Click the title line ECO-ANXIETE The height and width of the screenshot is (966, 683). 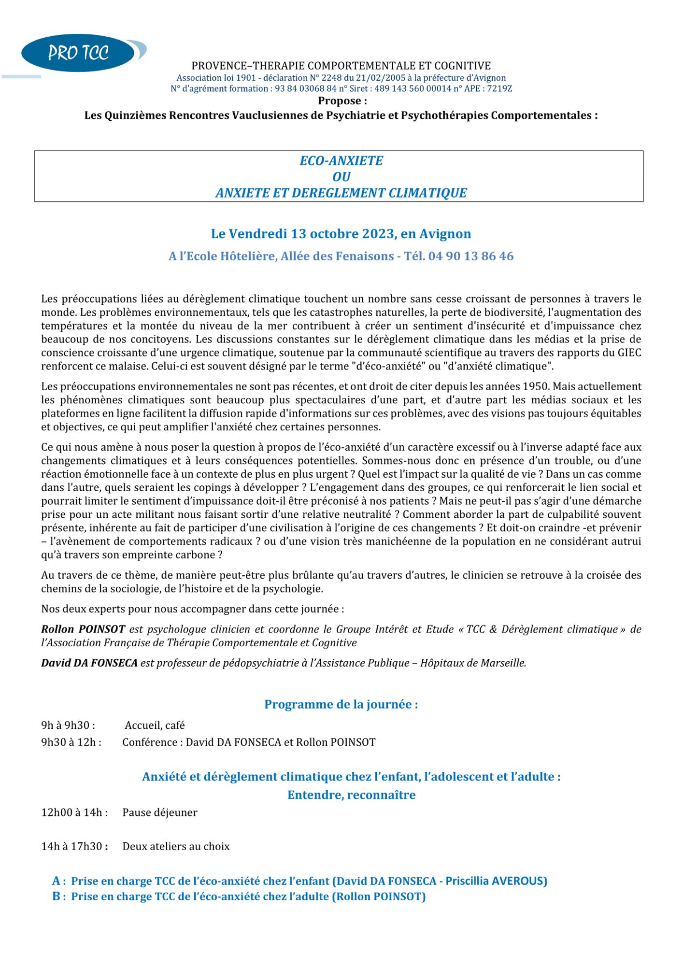point(341,161)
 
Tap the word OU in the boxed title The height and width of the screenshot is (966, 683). point(341,177)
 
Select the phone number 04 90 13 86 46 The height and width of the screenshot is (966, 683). point(470,256)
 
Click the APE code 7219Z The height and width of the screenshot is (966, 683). point(499,88)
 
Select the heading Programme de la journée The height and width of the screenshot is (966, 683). point(341,704)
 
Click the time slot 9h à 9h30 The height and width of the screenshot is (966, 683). point(68,725)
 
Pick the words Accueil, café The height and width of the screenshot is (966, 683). point(155,725)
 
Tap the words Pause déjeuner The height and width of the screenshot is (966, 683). point(160,812)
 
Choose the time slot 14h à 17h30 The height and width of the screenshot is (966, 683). point(74,846)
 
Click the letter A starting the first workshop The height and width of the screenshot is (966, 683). point(57,881)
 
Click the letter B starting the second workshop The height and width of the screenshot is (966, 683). point(57,896)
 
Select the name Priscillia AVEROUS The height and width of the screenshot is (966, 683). point(496,881)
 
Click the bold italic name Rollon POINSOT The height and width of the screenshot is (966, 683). point(83,629)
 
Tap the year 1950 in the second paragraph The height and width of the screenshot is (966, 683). point(536,386)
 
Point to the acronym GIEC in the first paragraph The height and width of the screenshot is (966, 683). point(629,353)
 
